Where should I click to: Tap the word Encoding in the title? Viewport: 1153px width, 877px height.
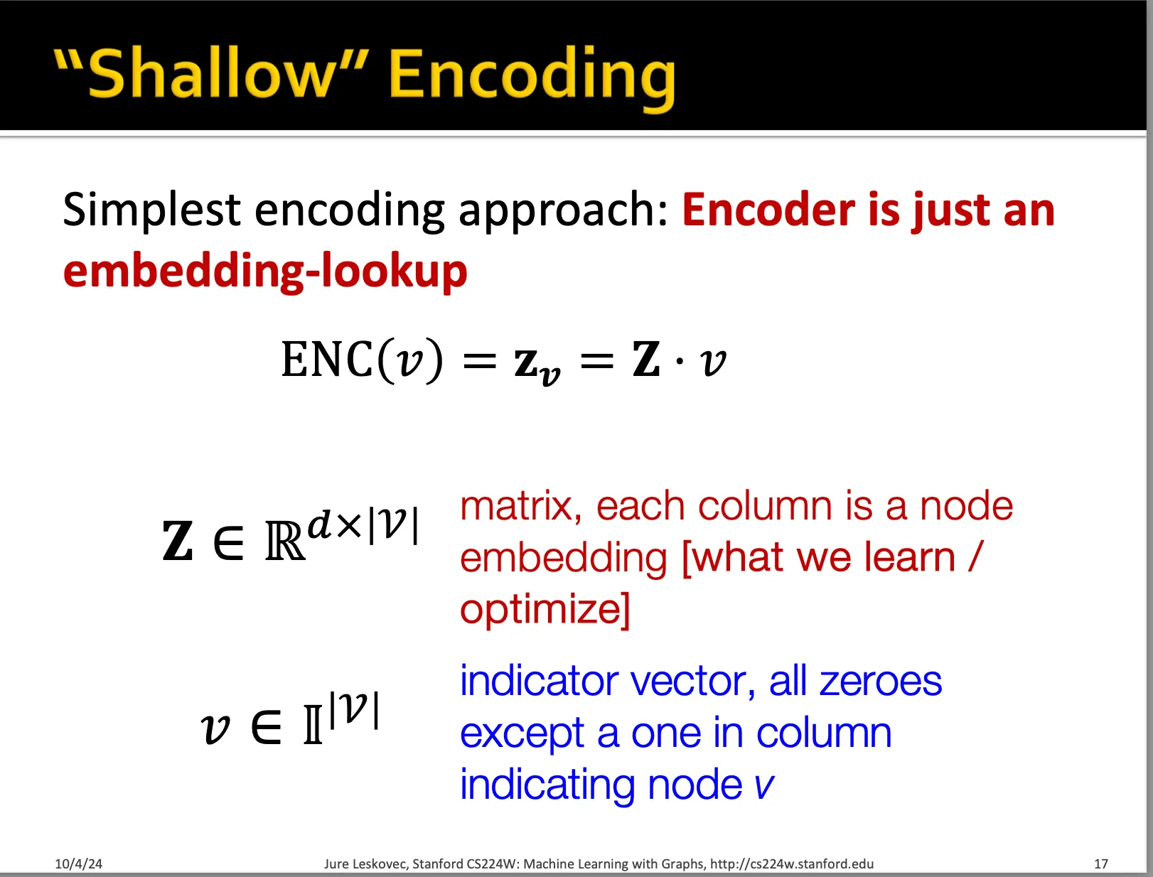pos(532,79)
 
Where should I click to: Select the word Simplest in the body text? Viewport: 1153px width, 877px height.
pos(151,210)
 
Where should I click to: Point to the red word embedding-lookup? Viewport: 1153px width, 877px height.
pos(265,271)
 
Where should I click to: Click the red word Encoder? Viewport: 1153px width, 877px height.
pos(768,210)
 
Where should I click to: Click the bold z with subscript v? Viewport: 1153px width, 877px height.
pos(537,365)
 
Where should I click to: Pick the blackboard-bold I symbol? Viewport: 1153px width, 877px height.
pos(313,725)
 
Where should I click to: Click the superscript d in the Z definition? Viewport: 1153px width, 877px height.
pos(319,524)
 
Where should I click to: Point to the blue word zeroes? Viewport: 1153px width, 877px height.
pos(880,682)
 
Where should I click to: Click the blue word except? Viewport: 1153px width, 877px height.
pos(522,734)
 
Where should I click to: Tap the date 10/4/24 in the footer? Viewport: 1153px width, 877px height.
pos(78,863)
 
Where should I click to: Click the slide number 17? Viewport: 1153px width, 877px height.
pos(1101,863)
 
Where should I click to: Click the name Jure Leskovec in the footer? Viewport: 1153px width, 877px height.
pos(365,864)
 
